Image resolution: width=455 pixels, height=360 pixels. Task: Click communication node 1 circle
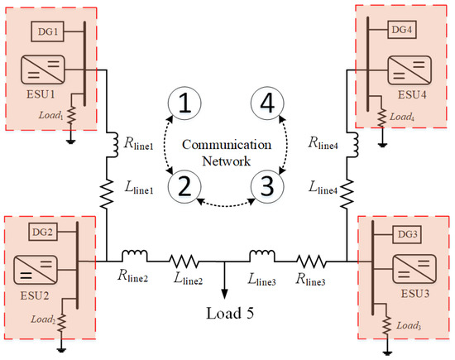coord(184,103)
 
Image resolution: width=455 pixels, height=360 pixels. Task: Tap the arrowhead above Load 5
coord(226,290)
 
